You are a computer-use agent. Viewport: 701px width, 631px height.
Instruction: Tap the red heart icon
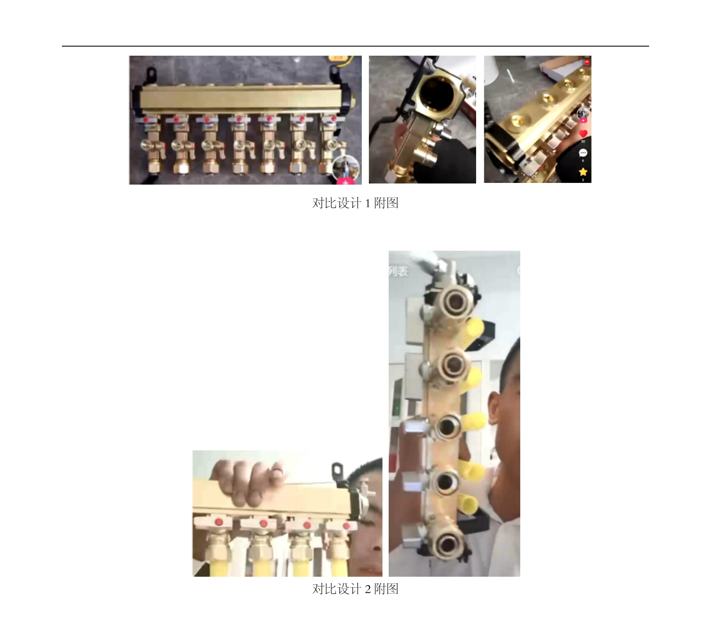coord(583,133)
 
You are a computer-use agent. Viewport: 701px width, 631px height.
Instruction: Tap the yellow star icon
coord(583,172)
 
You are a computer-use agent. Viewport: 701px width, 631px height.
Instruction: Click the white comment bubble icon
coord(583,153)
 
